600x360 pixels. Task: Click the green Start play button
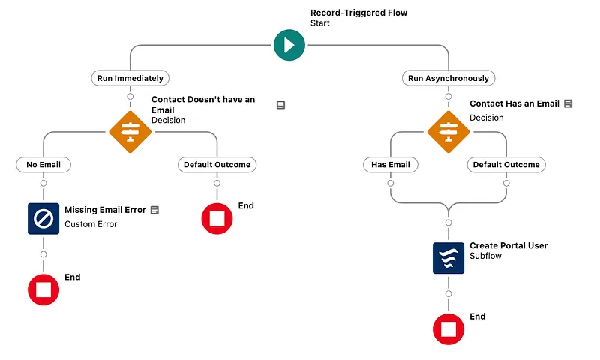point(289,44)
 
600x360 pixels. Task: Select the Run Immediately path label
point(130,78)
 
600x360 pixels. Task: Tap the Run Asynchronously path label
point(448,78)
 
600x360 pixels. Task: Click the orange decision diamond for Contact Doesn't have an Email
point(130,131)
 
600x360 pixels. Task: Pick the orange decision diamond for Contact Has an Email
point(448,131)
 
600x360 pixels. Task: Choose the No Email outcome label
point(43,164)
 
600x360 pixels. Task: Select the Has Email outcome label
point(391,164)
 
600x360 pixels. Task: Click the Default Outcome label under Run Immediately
point(217,164)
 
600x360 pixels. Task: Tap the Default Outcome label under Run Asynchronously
point(505,164)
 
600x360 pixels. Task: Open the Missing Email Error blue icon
point(43,218)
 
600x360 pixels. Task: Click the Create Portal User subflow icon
point(448,257)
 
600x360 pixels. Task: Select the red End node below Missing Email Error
point(43,289)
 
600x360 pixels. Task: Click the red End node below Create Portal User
point(448,328)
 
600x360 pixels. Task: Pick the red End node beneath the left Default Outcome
point(217,218)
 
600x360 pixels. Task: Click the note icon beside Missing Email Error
point(154,211)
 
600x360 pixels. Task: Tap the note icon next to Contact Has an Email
point(568,103)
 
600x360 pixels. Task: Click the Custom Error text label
point(91,224)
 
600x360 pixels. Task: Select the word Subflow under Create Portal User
point(485,256)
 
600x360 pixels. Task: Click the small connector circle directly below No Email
point(43,183)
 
